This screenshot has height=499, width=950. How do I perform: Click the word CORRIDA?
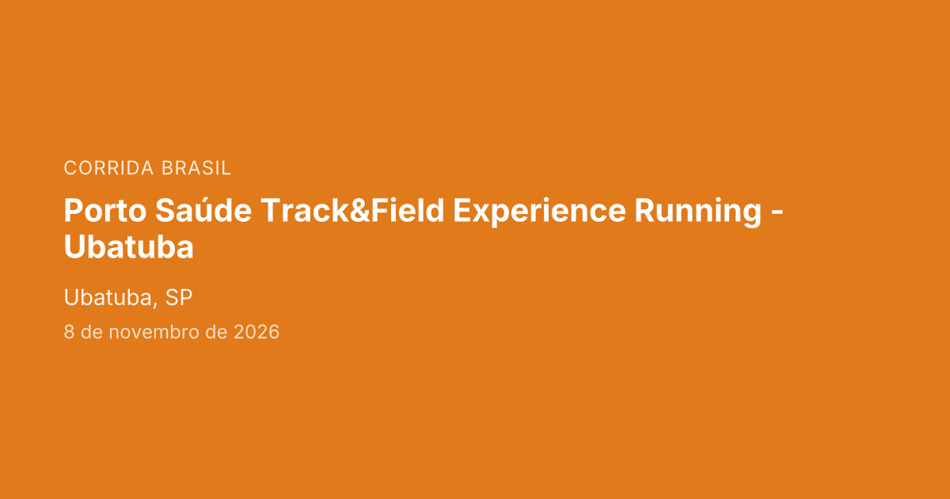[x=108, y=168]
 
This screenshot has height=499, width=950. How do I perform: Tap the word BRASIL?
[x=196, y=168]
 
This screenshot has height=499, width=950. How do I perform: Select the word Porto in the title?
[x=105, y=211]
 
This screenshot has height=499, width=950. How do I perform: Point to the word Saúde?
[x=203, y=210]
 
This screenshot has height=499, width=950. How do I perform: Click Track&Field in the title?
[x=352, y=210]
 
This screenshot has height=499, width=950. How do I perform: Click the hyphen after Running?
[x=777, y=213]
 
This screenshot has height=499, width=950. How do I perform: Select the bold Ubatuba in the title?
[x=128, y=247]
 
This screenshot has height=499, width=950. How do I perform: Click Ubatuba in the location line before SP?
[x=108, y=298]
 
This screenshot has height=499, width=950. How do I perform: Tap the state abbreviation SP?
[x=179, y=298]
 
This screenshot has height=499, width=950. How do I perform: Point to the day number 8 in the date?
[x=69, y=332]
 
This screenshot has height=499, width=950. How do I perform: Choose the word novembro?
[x=154, y=332]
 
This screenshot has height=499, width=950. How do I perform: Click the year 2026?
[x=256, y=332]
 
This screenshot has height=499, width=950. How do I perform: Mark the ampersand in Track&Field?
[x=360, y=211]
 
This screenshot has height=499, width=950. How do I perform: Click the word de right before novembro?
[x=92, y=332]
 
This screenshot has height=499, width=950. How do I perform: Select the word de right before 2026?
[x=216, y=332]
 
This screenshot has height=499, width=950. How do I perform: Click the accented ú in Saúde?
[x=202, y=210]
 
